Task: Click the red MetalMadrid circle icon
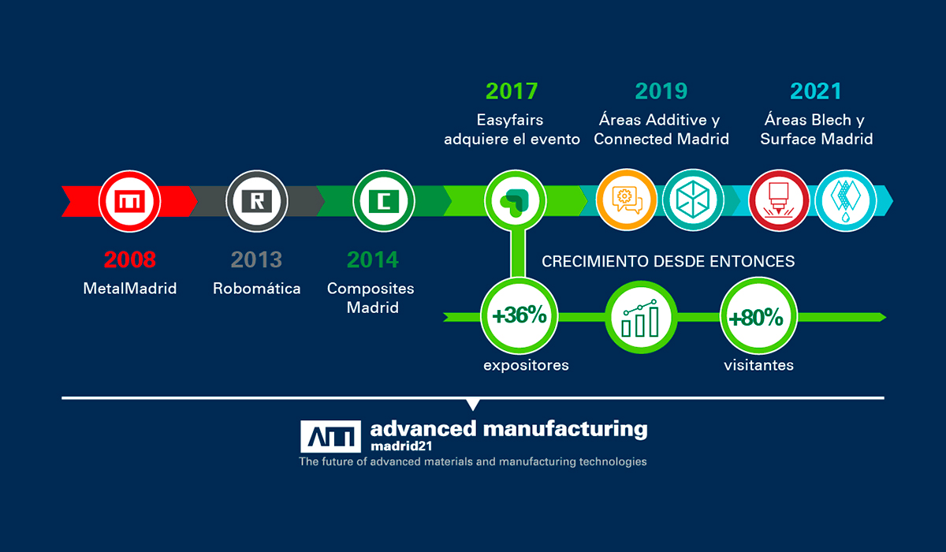129,201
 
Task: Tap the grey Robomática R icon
257,201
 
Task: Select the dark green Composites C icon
383,201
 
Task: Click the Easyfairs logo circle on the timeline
516,201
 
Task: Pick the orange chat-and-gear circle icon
627,200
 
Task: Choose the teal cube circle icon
693,200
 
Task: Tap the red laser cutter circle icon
779,201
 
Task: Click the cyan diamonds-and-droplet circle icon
845,201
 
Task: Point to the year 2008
129,259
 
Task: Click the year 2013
256,259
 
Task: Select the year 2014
372,259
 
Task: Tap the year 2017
512,91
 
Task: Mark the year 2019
661,91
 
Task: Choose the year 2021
816,91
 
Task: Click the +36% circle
520,316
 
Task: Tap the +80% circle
758,316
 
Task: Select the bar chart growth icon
641,318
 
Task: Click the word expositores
526,365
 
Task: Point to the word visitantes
758,365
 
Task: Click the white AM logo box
330,436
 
